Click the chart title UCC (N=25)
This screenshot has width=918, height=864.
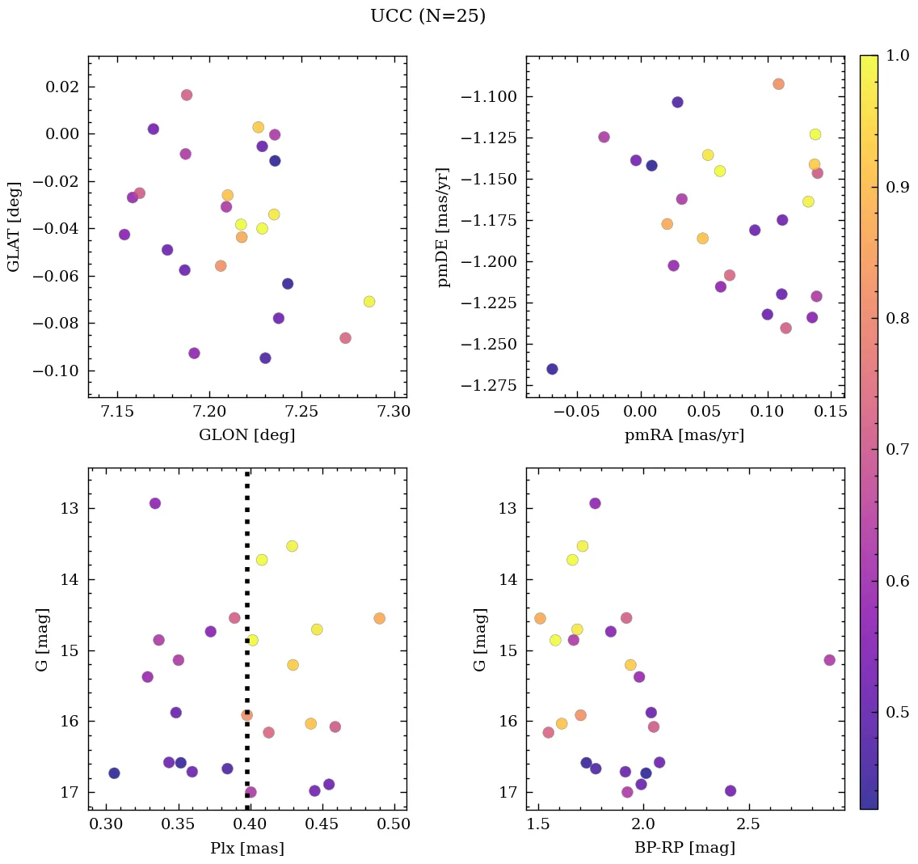click(x=427, y=16)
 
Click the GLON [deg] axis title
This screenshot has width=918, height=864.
click(x=246, y=435)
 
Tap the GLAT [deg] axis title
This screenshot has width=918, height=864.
click(x=14, y=227)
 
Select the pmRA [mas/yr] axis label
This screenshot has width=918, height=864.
click(x=684, y=435)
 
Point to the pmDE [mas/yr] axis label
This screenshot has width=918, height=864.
click(x=444, y=227)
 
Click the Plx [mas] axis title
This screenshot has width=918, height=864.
click(x=246, y=848)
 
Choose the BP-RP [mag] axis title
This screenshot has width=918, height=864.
click(x=684, y=848)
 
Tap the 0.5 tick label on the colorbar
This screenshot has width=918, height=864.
click(x=896, y=712)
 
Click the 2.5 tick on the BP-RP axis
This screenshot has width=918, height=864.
click(x=748, y=824)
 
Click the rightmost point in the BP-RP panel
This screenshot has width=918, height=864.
click(x=829, y=660)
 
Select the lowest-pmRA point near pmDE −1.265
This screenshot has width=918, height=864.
click(x=552, y=369)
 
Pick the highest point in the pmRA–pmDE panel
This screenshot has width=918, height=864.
click(x=778, y=84)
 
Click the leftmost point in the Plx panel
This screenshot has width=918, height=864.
click(x=114, y=773)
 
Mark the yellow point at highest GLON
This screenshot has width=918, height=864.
click(x=369, y=302)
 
